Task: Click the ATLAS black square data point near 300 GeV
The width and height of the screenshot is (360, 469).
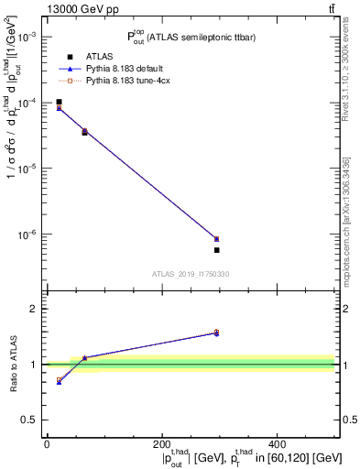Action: (216, 250)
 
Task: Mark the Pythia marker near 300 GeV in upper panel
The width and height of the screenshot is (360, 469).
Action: (216, 239)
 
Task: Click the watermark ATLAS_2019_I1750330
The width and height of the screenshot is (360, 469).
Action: (190, 274)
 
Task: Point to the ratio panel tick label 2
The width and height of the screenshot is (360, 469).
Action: (36, 309)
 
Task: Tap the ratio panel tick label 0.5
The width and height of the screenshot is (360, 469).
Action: (33, 420)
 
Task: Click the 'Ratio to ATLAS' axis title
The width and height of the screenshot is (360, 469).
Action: (12, 364)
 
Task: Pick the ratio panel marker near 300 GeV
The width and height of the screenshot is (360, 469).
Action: (216, 333)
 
